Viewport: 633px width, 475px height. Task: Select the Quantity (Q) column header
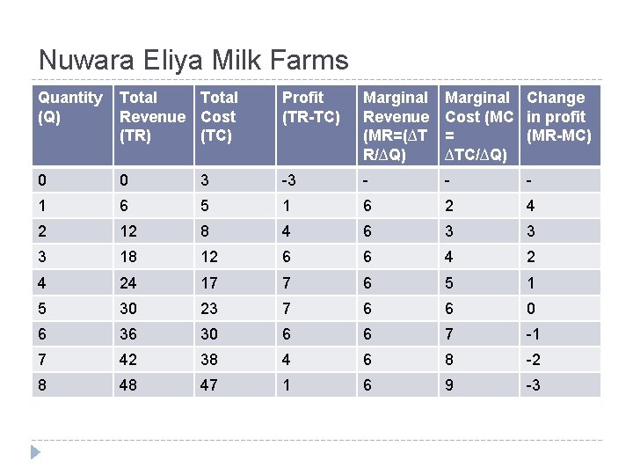click(x=70, y=106)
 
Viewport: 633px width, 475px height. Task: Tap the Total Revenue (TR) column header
click(x=152, y=116)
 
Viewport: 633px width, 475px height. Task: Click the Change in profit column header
click(x=558, y=116)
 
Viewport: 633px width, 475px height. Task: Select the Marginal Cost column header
click(x=477, y=125)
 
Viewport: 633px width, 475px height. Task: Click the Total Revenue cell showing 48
click(x=130, y=385)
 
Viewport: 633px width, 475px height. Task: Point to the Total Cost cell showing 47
click(x=211, y=385)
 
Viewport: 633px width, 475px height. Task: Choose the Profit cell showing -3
click(x=288, y=181)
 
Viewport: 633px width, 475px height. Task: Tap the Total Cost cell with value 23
click(x=211, y=309)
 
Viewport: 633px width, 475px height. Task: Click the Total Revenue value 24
click(x=130, y=283)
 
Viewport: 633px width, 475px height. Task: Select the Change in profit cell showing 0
click(x=531, y=309)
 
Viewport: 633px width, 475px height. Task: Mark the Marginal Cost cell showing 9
click(x=450, y=385)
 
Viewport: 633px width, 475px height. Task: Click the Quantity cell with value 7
click(x=41, y=360)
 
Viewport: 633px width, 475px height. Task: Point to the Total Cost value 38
click(x=211, y=360)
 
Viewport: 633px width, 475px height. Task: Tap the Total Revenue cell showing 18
click(x=130, y=258)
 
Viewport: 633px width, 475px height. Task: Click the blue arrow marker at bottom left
click(x=35, y=452)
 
